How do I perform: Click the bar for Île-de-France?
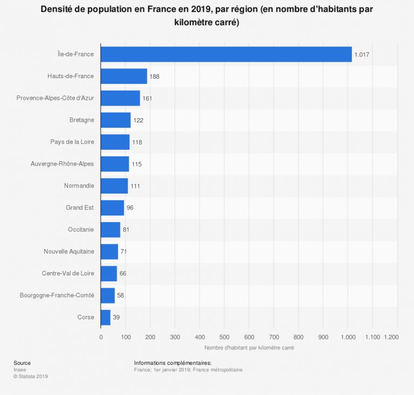[x=226, y=54]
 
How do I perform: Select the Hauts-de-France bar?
[x=124, y=77]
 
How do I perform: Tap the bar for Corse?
[x=106, y=317]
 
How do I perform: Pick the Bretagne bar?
[x=116, y=120]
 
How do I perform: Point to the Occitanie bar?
[x=111, y=230]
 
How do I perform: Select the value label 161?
[x=148, y=99]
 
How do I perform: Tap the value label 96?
[x=130, y=208]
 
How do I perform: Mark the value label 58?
[x=121, y=296]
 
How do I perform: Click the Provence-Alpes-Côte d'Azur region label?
[x=55, y=98]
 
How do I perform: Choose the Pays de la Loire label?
[x=72, y=142]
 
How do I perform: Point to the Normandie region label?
[x=79, y=186]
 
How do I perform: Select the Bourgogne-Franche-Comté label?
[x=57, y=295]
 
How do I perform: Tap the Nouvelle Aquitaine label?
[x=69, y=252]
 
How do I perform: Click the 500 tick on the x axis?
[x=224, y=337]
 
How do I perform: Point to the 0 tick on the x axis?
[x=101, y=337]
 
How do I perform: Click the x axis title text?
[x=249, y=348]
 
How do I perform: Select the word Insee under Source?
[x=20, y=370]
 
